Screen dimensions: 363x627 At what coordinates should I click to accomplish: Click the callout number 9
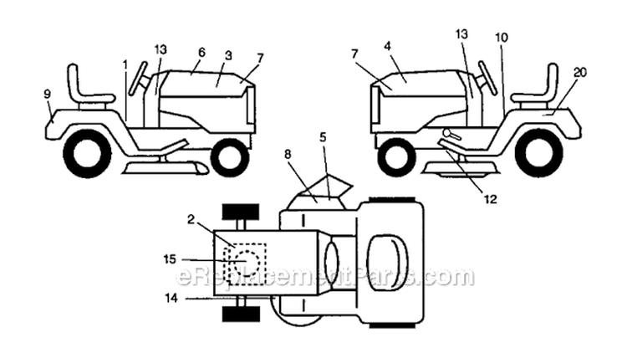pyautogui.click(x=47, y=95)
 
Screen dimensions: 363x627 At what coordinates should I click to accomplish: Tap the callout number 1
pyautogui.click(x=125, y=64)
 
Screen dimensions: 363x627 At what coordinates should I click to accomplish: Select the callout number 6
pyautogui.click(x=201, y=51)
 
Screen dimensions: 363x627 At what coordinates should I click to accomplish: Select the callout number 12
pyautogui.click(x=490, y=199)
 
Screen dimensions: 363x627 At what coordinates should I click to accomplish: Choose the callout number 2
pyautogui.click(x=191, y=220)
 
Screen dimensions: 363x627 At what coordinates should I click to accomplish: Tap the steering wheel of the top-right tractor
pyautogui.click(x=487, y=77)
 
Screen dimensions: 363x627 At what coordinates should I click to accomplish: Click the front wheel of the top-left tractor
pyautogui.click(x=229, y=156)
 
